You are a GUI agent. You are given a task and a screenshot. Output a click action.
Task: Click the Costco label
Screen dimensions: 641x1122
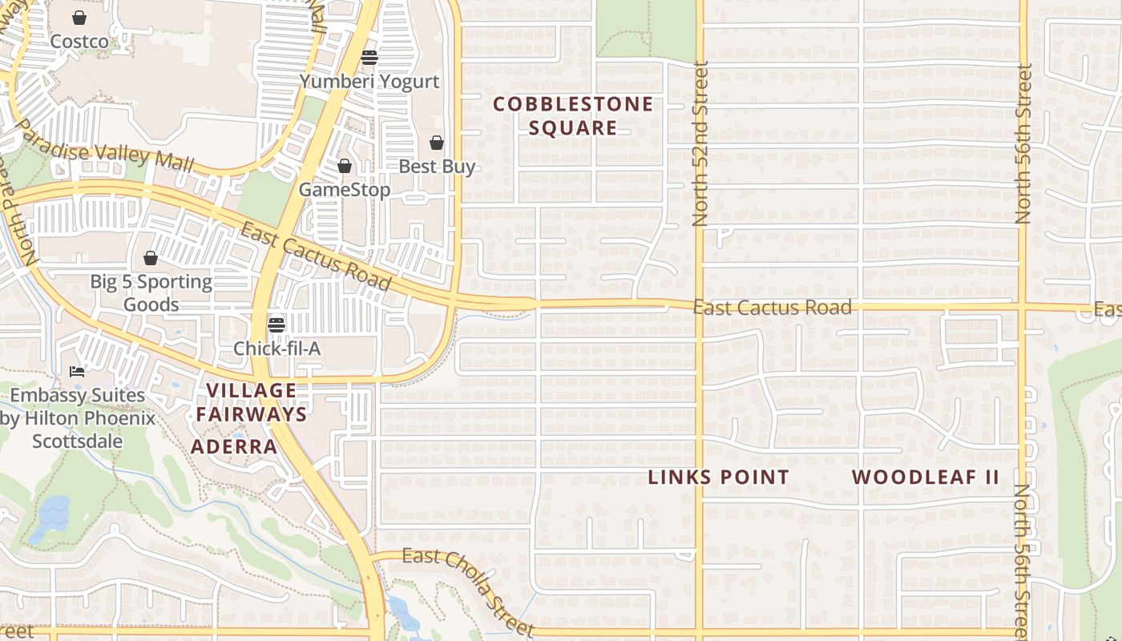(79, 41)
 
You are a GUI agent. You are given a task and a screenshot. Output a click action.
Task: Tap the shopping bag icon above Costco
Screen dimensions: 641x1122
(79, 18)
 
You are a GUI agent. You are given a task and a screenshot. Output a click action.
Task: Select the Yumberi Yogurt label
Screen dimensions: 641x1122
(369, 81)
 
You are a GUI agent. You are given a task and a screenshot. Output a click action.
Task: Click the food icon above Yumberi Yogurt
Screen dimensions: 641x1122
(369, 58)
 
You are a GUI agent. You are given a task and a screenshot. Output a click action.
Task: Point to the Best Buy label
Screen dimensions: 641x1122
(437, 167)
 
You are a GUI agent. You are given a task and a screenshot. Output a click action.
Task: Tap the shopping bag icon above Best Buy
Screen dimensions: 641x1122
(437, 143)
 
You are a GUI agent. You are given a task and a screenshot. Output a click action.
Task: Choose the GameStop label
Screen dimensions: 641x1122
(345, 190)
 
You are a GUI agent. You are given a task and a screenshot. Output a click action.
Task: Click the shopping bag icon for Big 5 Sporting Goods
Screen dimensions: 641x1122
(151, 258)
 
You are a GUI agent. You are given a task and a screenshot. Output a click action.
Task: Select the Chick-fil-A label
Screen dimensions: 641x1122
(276, 349)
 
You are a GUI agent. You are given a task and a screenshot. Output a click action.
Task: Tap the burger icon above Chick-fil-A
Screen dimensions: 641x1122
(276, 325)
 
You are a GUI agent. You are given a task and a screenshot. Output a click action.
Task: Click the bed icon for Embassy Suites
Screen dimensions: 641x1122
(77, 372)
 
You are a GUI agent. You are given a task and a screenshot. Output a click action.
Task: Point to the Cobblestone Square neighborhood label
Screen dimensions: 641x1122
(573, 115)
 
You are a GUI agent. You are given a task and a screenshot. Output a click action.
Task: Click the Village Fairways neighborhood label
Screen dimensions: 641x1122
(252, 402)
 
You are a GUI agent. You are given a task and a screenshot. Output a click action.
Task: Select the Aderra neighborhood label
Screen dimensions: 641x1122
(234, 446)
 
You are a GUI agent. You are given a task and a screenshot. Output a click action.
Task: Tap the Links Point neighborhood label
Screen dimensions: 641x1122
(718, 478)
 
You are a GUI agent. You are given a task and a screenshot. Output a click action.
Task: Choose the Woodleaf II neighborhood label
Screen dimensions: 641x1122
(925, 478)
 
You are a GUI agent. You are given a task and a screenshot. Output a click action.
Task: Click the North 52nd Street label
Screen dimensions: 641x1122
(700, 144)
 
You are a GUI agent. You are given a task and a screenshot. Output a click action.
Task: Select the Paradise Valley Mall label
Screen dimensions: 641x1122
(104, 146)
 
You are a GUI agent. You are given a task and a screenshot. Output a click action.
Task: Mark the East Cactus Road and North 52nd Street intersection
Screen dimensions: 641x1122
(699, 306)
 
